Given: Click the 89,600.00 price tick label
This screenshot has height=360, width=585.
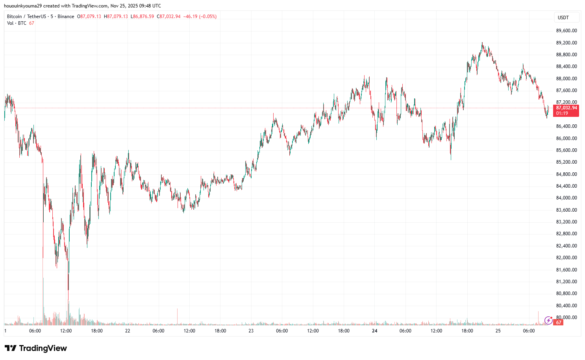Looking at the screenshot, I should pyautogui.click(x=566, y=31).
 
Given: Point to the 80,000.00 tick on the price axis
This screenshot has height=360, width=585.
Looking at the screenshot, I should pyautogui.click(x=566, y=318).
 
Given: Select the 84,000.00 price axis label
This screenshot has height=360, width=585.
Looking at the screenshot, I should pyautogui.click(x=566, y=198).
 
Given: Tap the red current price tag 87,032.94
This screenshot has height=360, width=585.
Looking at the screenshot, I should pyautogui.click(x=566, y=108).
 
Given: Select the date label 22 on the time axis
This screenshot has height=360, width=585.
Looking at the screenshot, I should pyautogui.click(x=128, y=331).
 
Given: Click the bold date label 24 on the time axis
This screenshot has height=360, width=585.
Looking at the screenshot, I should pyautogui.click(x=374, y=331).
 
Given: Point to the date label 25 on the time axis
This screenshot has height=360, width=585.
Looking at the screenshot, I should pyautogui.click(x=498, y=331).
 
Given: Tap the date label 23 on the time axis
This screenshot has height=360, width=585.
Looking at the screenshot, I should pyautogui.click(x=251, y=331).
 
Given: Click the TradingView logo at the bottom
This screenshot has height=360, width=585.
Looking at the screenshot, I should pyautogui.click(x=36, y=348).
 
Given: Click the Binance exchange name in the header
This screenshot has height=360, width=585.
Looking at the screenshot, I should pyautogui.click(x=66, y=17).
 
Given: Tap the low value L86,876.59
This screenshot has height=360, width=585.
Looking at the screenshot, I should pyautogui.click(x=143, y=17).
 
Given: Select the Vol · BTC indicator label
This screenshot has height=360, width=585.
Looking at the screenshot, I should pyautogui.click(x=17, y=23).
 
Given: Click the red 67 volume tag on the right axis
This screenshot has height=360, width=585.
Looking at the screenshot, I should pyautogui.click(x=558, y=323).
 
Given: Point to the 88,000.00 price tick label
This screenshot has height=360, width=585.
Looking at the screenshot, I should pyautogui.click(x=566, y=79).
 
